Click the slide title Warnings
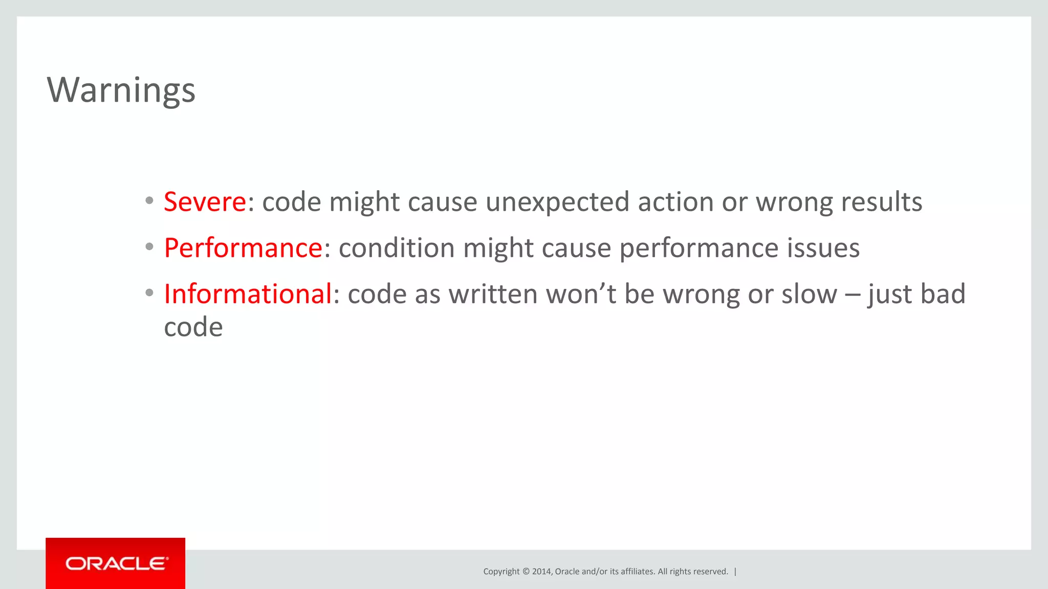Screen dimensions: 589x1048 click(121, 90)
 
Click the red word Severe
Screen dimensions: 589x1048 click(205, 202)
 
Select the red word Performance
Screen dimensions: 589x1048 click(243, 248)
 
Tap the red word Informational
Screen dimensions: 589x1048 click(248, 294)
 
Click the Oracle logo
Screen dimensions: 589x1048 click(116, 563)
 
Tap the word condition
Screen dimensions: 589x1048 click(397, 248)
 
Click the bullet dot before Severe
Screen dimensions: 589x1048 click(149, 201)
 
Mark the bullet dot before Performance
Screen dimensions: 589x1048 click(149, 247)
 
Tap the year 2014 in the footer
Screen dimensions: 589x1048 click(541, 572)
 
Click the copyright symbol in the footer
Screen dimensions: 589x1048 click(526, 572)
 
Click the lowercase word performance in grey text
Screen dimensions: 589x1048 click(699, 248)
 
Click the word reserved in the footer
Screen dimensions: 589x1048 click(710, 572)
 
